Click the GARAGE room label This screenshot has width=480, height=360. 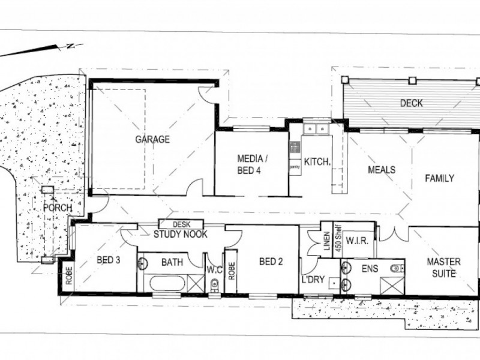click(x=152, y=140)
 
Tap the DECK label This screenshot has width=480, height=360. click(x=411, y=104)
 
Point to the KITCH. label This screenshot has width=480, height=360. click(x=316, y=161)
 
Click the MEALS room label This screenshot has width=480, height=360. click(x=382, y=170)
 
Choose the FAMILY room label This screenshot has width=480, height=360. click(x=439, y=178)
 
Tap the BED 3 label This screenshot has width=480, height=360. click(x=108, y=260)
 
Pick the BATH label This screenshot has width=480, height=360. click(x=172, y=262)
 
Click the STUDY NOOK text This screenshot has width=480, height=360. click(x=181, y=234)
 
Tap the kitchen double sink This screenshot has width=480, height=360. click(x=315, y=128)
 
